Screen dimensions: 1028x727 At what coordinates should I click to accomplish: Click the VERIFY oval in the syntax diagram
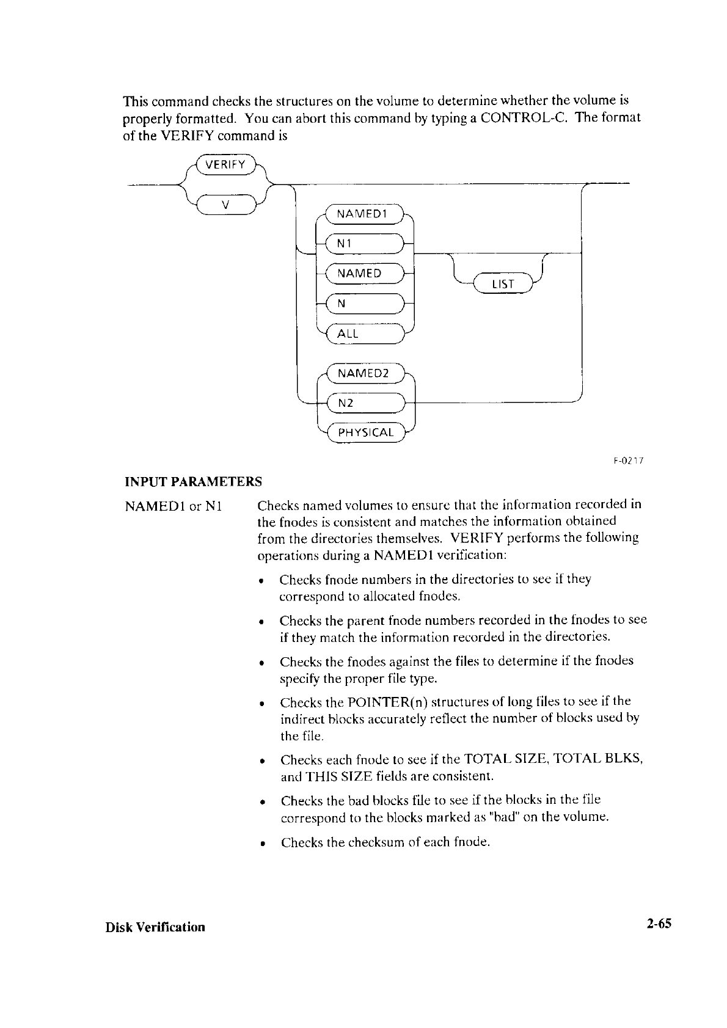click(225, 165)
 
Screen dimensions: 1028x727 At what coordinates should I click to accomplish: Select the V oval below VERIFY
click(225, 205)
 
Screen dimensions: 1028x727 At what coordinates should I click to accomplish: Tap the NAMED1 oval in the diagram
click(364, 214)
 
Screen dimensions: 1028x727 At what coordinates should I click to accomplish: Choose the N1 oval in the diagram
click(364, 244)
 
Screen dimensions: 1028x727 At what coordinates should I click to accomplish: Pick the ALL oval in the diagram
click(364, 334)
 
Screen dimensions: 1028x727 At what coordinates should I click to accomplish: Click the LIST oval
click(503, 284)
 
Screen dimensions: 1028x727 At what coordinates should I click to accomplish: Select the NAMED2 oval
click(364, 373)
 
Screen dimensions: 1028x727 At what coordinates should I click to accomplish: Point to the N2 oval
click(364, 403)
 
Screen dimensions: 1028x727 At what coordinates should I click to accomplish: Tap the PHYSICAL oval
click(365, 432)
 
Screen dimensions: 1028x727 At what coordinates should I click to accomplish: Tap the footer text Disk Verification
click(155, 927)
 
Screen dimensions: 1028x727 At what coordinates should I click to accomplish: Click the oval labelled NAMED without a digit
click(364, 274)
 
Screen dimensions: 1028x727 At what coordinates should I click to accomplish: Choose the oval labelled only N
click(364, 304)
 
